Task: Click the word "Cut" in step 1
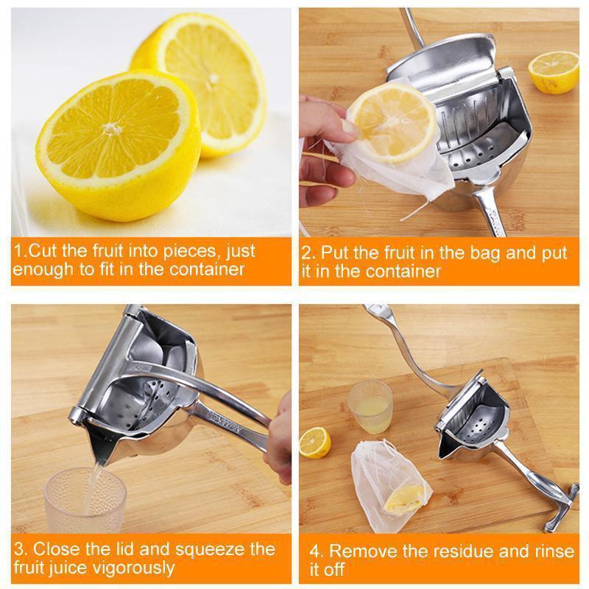point(41,250)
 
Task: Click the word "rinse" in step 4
point(549,551)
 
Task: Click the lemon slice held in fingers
point(390,121)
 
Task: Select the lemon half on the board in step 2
point(553,71)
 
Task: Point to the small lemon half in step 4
point(315,442)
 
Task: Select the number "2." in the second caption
point(308,254)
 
